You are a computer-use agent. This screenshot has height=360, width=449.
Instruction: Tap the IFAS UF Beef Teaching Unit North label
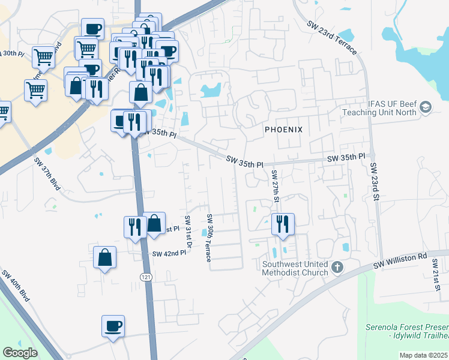(379, 107)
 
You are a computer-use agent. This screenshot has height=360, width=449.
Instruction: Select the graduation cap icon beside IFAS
(426, 107)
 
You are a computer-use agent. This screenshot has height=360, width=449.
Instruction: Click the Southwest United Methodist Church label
(295, 268)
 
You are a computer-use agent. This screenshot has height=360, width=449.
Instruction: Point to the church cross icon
(337, 266)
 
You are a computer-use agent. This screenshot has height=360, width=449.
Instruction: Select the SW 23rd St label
(375, 181)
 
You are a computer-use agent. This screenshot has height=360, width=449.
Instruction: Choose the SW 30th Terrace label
(209, 238)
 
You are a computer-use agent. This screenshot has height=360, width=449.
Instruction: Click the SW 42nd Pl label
(169, 254)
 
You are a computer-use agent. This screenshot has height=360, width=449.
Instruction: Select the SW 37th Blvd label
(47, 174)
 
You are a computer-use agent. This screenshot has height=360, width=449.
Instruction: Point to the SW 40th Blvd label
(16, 286)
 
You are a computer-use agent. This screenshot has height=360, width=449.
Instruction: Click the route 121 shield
(146, 277)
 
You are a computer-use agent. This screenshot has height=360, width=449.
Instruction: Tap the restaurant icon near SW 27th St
(282, 224)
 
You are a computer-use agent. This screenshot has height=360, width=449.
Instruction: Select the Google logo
(20, 353)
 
